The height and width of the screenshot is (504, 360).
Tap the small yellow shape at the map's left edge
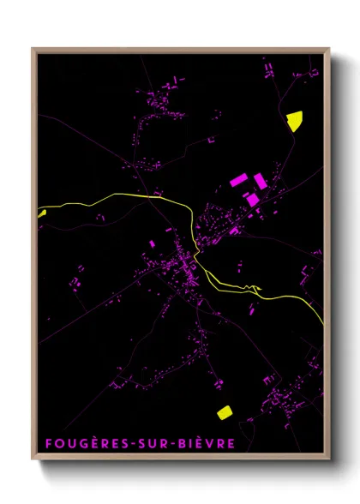41,213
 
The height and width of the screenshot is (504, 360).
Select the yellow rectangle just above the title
225,412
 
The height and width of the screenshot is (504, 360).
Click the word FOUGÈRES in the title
81,444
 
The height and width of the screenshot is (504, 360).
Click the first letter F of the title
48,444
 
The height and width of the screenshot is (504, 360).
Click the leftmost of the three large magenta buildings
239,181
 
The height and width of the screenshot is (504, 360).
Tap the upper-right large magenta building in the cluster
259,180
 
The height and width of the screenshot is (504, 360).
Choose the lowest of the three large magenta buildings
253,199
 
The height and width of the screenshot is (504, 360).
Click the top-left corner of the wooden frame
33,49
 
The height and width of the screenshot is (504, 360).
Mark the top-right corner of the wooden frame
329,49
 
